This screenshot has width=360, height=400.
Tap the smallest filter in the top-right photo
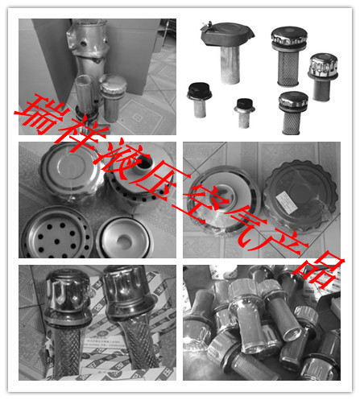point(243,108)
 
